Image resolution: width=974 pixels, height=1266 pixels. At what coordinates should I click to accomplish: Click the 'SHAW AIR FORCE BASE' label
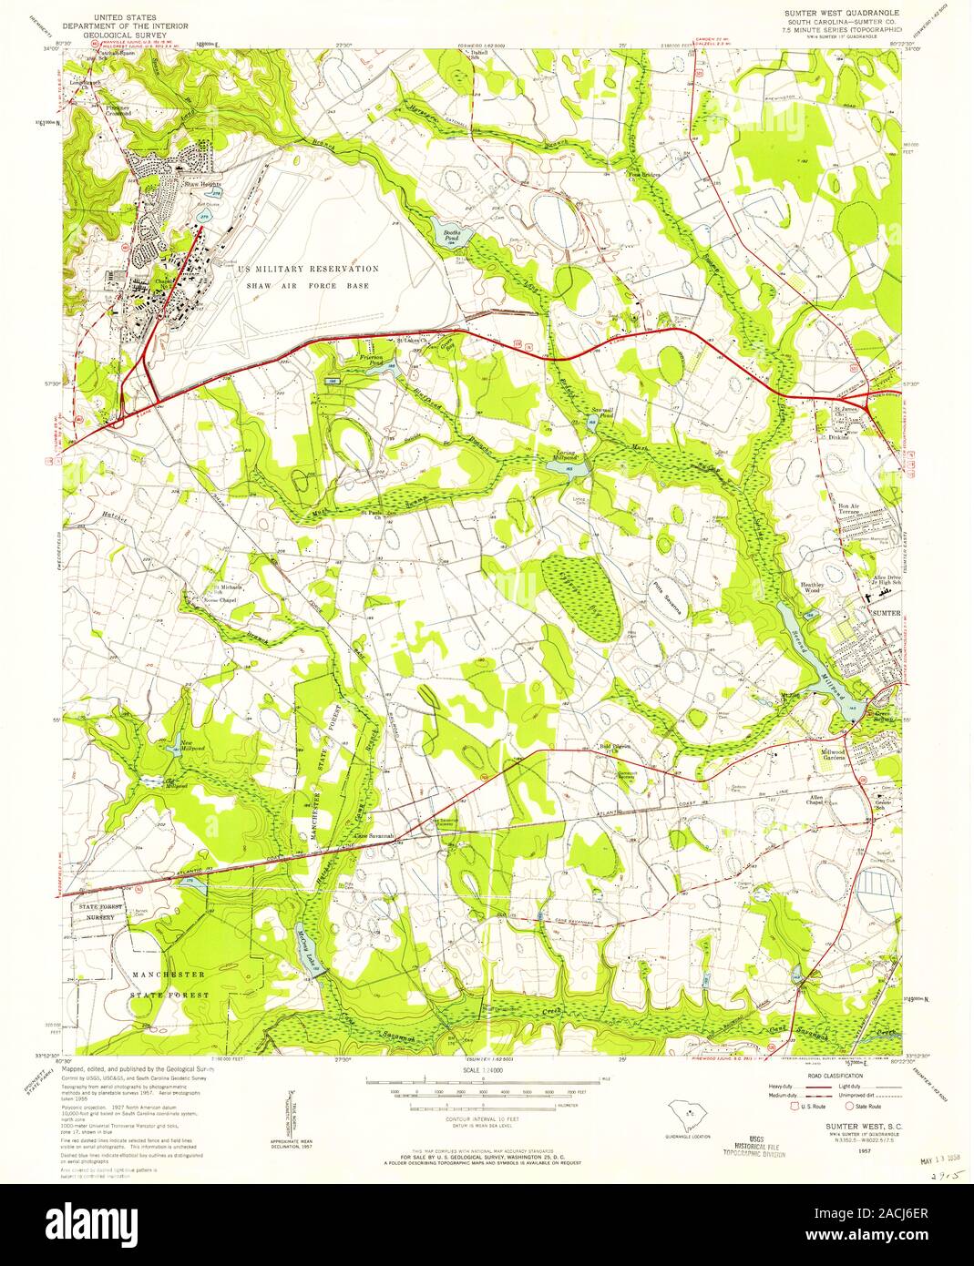[x=309, y=285]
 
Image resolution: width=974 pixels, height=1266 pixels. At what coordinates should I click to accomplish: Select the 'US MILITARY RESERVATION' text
[x=308, y=270]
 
